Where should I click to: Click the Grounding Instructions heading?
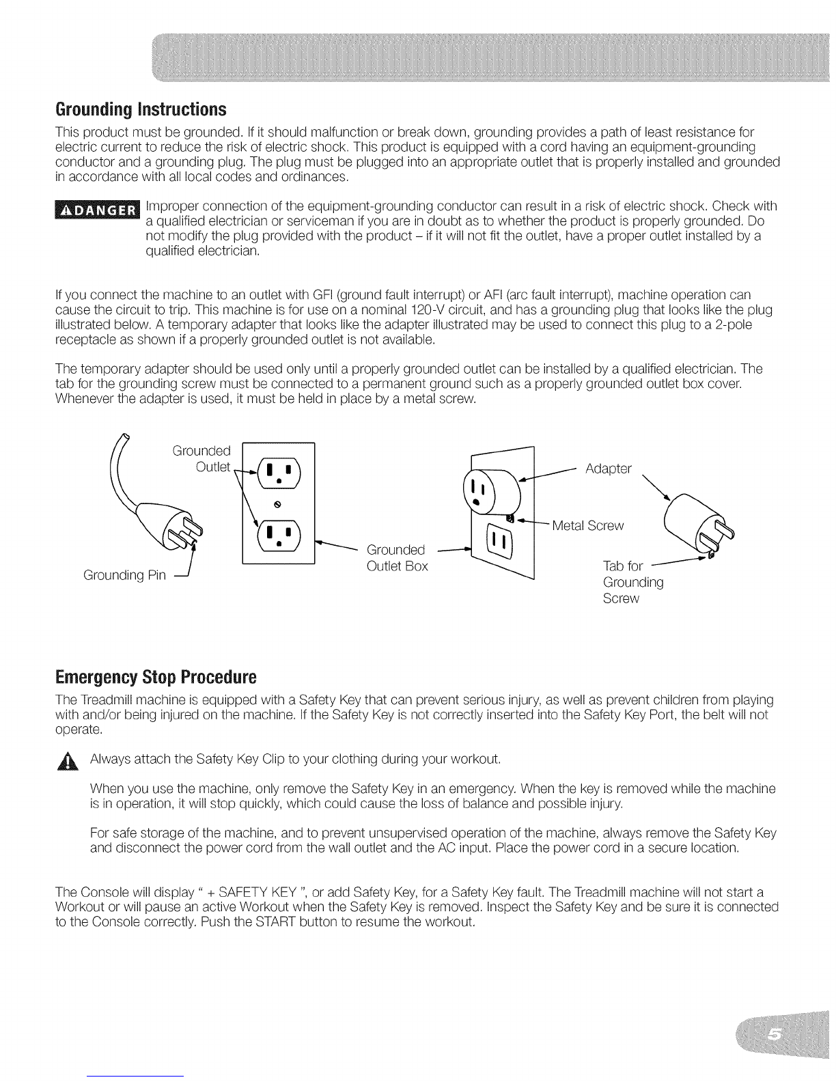pyautogui.click(x=141, y=109)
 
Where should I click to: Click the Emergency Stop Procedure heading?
pyautogui.click(x=156, y=677)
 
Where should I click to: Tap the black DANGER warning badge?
pyautogui.click(x=98, y=210)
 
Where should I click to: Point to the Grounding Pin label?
pyautogui.click(x=124, y=575)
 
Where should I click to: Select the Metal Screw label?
pyautogui.click(x=588, y=525)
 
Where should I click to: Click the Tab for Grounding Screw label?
pyautogui.click(x=633, y=582)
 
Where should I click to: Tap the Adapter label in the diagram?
pyautogui.click(x=609, y=469)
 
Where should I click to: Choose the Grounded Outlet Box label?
pyautogui.click(x=397, y=557)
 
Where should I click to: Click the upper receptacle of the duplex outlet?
pyautogui.click(x=279, y=473)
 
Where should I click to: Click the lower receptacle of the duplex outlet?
pyautogui.click(x=279, y=536)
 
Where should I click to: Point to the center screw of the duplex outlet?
pyautogui.click(x=279, y=504)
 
